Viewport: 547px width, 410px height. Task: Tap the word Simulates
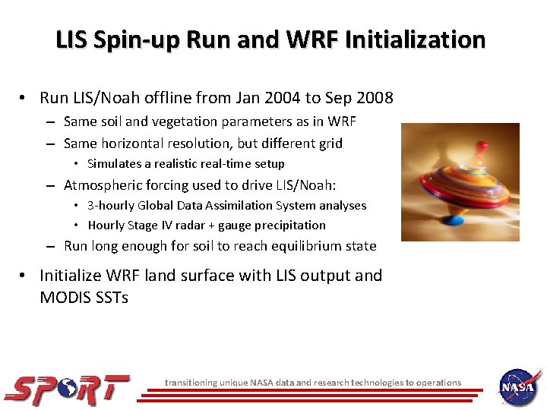[x=112, y=164]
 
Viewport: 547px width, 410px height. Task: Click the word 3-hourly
[x=110, y=206]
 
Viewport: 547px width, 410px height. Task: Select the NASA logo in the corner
[x=520, y=387]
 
